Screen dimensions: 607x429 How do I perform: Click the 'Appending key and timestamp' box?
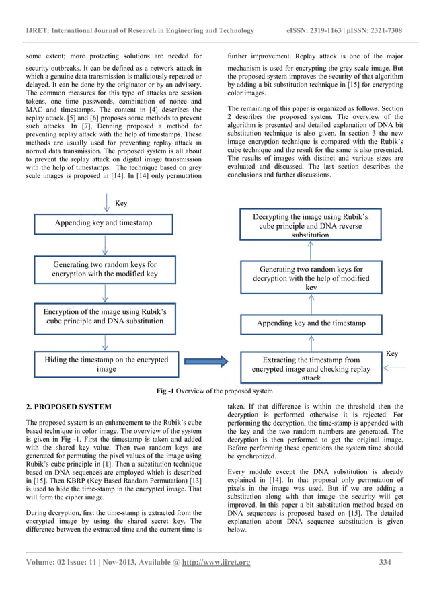click(x=104, y=223)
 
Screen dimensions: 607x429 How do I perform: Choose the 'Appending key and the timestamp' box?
click(x=311, y=323)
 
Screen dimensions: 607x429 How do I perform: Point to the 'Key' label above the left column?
click(x=121, y=202)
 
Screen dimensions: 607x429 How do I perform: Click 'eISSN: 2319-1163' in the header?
click(x=309, y=30)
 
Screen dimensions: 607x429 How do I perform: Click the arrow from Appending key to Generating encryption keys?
click(x=104, y=245)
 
